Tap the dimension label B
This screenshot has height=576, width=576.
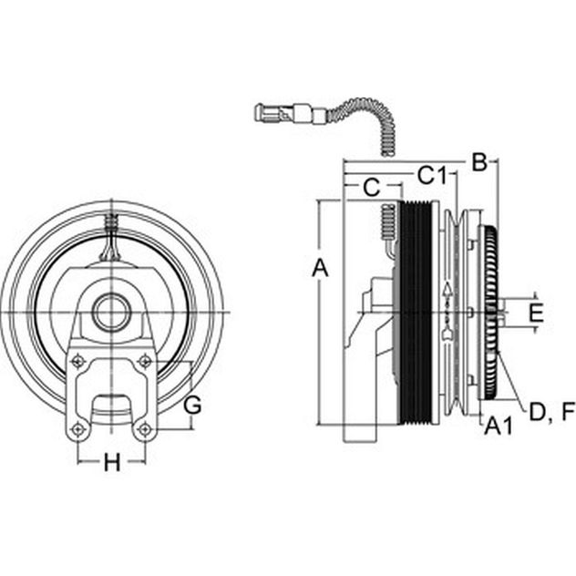[479, 162]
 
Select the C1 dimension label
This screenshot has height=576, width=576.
[432, 175]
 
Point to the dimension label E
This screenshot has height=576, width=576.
[536, 313]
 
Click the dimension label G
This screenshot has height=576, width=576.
[192, 406]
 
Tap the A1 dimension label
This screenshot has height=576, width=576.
[499, 427]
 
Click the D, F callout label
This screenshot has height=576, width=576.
[551, 412]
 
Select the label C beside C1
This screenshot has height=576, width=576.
[371, 188]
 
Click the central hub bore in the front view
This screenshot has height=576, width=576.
[112, 313]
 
